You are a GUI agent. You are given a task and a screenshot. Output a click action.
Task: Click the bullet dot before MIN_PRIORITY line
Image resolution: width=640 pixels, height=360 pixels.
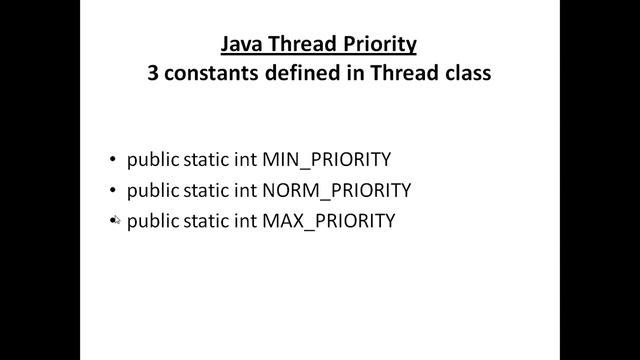point(112,159)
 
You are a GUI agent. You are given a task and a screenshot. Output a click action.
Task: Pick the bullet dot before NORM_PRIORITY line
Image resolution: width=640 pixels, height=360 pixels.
point(112,190)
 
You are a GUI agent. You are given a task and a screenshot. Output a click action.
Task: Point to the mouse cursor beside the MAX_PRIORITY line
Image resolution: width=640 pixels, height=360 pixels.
point(114,220)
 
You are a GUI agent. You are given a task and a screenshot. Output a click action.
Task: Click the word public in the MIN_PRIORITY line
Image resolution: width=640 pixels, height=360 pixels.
point(150,159)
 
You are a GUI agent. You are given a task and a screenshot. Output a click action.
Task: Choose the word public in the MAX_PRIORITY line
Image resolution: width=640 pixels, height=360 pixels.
point(150,221)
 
